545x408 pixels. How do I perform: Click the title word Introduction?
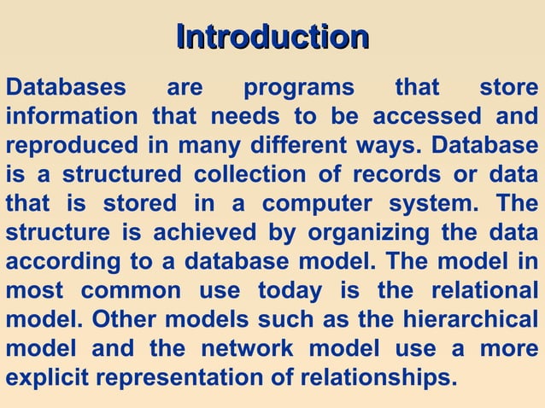click(272, 37)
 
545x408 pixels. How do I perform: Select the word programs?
click(298, 88)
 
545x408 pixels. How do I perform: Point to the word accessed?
click(425, 116)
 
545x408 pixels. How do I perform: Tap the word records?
click(380, 174)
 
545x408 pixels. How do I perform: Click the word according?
click(58, 262)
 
